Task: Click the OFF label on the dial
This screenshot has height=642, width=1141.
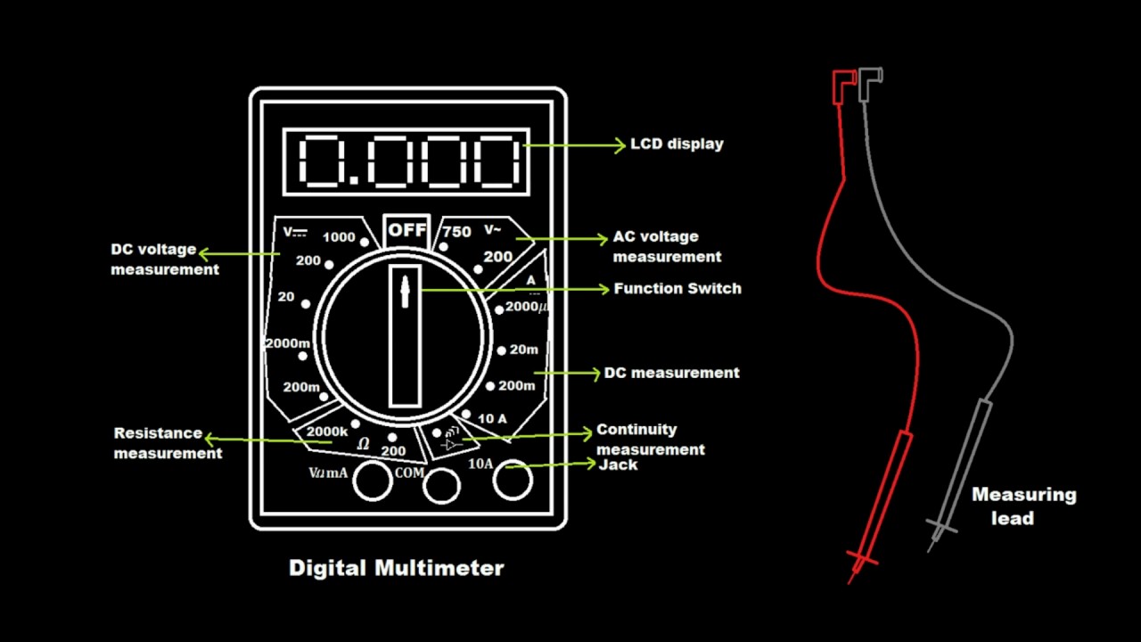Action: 407,230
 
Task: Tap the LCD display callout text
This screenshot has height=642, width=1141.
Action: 677,144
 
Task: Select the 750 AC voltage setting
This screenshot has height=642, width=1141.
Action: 456,232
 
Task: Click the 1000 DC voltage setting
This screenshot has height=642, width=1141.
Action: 339,237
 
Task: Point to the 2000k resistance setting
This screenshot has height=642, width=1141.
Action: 327,432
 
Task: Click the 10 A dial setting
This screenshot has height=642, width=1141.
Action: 492,418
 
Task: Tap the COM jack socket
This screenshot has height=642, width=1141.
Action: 441,485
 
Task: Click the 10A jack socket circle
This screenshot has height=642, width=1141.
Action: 513,480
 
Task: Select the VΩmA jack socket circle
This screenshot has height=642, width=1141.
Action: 373,481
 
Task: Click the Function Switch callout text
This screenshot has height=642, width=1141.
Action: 677,289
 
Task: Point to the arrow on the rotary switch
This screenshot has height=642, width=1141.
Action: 406,292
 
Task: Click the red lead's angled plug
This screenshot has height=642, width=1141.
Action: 842,84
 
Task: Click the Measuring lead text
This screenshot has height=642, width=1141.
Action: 1023,506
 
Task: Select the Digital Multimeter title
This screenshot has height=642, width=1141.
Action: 397,568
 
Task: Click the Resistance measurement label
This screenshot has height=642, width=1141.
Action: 168,443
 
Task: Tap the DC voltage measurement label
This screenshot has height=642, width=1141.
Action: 165,259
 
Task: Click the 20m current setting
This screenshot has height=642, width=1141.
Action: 523,350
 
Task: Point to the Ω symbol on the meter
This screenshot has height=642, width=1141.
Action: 363,443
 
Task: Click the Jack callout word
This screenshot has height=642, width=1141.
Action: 618,465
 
